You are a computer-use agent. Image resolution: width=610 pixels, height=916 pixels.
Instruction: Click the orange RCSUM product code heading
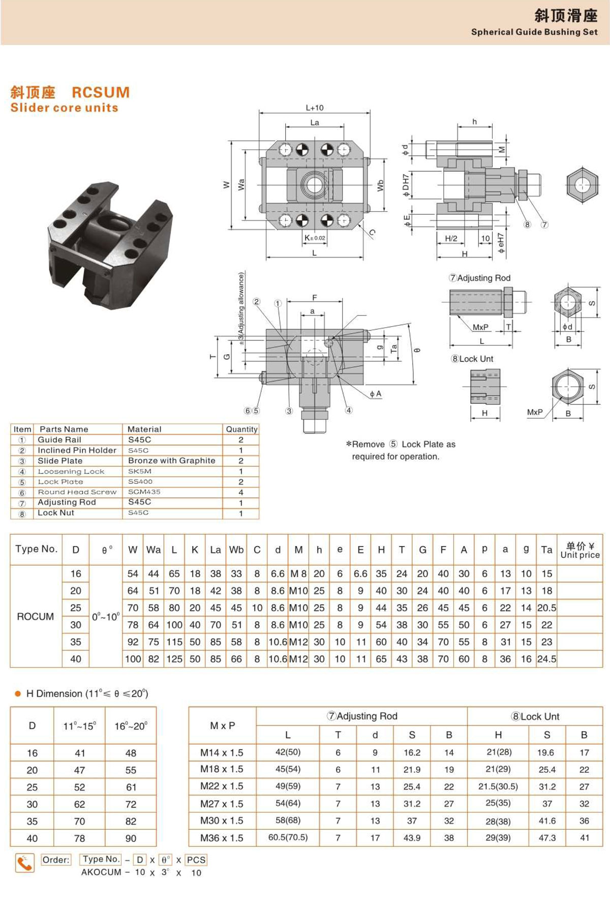tap(101, 92)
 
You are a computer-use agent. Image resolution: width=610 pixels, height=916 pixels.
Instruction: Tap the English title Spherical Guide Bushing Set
tap(534, 32)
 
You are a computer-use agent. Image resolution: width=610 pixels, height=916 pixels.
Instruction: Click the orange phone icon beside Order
tap(24, 863)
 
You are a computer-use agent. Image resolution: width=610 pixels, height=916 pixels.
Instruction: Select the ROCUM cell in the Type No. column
tap(35, 616)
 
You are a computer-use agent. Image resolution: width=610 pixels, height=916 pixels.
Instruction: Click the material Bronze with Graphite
tap(172, 461)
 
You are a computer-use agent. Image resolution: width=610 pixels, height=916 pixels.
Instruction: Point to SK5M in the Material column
tap(140, 471)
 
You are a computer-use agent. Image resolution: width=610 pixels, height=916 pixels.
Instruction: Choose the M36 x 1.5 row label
tap(222, 838)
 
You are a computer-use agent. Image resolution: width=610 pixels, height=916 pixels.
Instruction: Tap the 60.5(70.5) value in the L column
tap(288, 837)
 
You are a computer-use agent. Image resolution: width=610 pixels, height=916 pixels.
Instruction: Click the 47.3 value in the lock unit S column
tap(547, 838)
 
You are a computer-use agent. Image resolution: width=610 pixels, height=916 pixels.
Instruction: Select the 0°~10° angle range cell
tap(106, 617)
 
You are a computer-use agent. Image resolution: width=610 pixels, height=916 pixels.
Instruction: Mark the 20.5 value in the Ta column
tap(546, 608)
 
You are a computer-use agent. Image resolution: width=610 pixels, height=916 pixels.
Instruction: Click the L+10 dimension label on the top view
tap(315, 108)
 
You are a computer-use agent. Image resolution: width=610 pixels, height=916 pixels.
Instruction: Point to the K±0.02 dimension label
tap(315, 238)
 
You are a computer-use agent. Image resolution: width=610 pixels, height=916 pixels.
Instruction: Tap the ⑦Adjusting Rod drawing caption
tap(479, 278)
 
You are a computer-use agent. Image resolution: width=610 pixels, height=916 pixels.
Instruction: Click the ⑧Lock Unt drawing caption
tap(472, 359)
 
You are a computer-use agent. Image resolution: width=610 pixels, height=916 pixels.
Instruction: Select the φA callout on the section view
tap(375, 394)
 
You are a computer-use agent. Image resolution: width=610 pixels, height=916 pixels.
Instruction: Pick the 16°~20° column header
tap(131, 726)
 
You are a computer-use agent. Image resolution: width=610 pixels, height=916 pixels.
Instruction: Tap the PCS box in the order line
tap(196, 860)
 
